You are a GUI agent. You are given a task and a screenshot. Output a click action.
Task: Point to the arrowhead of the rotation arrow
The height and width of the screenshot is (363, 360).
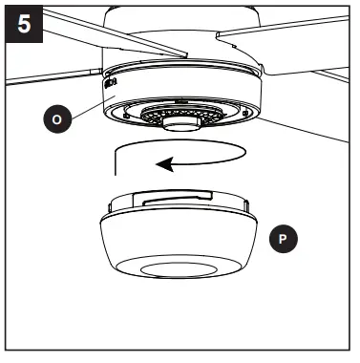click(163, 163)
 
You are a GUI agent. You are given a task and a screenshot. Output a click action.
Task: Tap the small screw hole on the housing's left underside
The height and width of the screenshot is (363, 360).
click(122, 111)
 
